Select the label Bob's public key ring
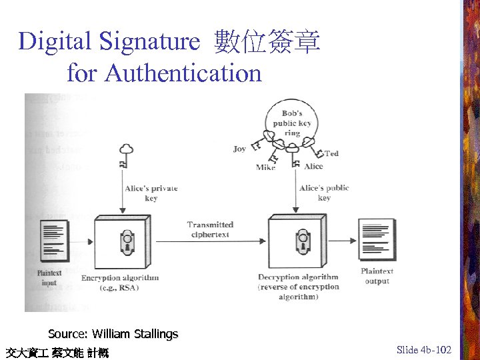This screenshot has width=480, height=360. [x=292, y=123]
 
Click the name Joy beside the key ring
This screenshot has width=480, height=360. [x=239, y=149]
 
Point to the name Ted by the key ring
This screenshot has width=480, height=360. [x=331, y=153]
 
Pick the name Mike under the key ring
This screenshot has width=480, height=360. [x=265, y=167]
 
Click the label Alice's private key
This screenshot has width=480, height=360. [x=151, y=193]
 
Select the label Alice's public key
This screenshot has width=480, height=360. [x=324, y=192]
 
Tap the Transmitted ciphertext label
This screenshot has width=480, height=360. [x=210, y=229]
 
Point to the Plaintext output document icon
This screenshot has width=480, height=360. [x=377, y=241]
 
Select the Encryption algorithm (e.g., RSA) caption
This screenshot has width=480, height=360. [x=120, y=283]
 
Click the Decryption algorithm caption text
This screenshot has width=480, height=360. [x=298, y=287]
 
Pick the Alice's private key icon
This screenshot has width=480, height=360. [x=125, y=155]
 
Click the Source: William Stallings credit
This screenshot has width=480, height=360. [x=113, y=333]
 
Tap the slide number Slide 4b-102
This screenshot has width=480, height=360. [x=423, y=349]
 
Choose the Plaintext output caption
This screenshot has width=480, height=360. [x=377, y=276]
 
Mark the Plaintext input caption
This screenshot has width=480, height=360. [x=50, y=277]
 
